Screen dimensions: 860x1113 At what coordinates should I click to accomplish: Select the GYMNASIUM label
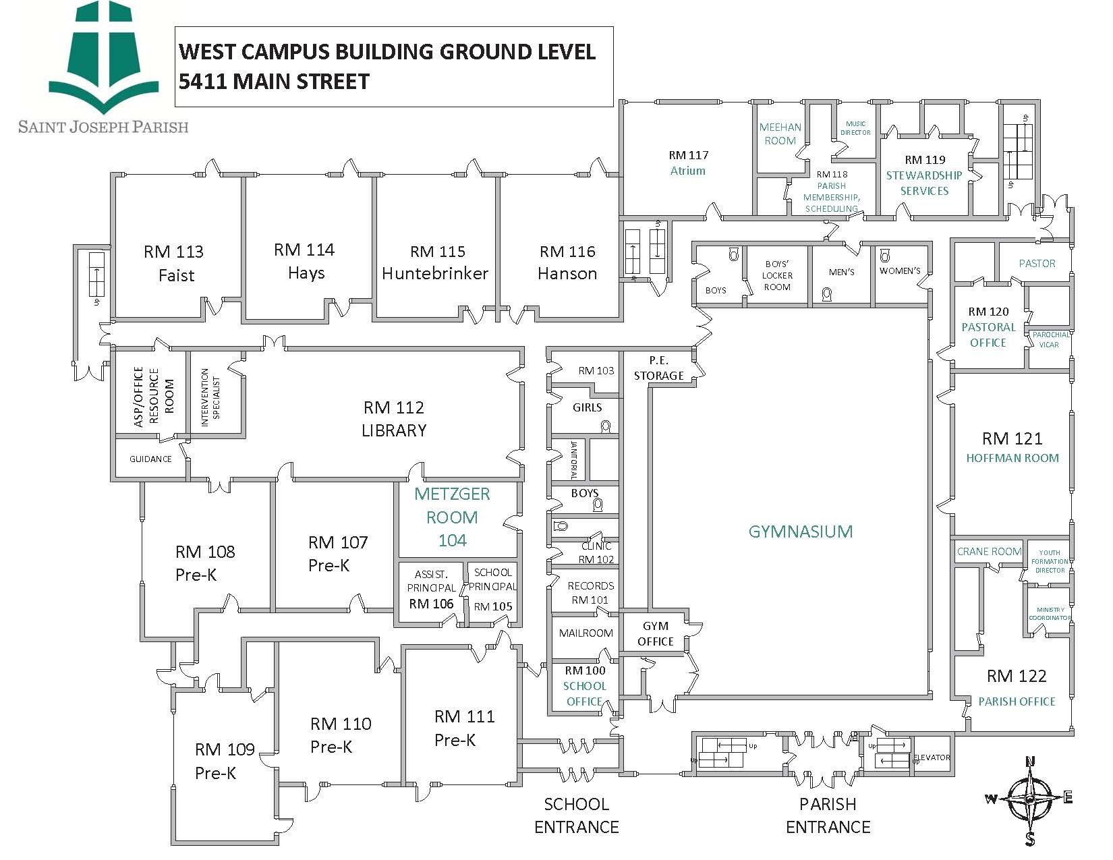coord(801,532)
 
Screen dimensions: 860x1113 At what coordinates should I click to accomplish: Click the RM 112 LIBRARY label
coord(394,419)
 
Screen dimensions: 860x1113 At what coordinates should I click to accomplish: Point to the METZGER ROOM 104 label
coord(452,517)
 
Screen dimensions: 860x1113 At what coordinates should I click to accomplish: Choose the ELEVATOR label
coord(932,757)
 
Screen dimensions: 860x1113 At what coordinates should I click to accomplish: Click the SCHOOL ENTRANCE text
coord(576,815)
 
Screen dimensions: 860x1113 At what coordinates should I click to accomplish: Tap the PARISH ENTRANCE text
coord(828,815)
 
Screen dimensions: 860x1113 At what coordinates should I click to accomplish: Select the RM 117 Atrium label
coord(688,163)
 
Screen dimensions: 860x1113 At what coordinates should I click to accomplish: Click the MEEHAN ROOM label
coord(780,134)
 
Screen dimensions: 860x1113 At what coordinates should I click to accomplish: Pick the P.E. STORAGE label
coord(658,368)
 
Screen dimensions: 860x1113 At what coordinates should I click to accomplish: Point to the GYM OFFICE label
coord(655,634)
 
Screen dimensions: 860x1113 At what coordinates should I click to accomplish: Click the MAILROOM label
coord(586,633)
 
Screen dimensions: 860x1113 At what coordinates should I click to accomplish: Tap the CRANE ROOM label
coord(989,551)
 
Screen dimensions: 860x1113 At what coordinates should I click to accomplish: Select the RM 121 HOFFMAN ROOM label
coord(1012,447)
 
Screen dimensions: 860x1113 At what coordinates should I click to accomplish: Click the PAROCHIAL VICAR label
coord(1050,339)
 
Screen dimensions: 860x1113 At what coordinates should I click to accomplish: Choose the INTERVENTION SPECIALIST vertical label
coord(210,393)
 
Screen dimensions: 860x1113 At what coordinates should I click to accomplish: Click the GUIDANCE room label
coord(150,459)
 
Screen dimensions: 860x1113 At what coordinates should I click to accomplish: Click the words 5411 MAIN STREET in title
coord(274,82)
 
